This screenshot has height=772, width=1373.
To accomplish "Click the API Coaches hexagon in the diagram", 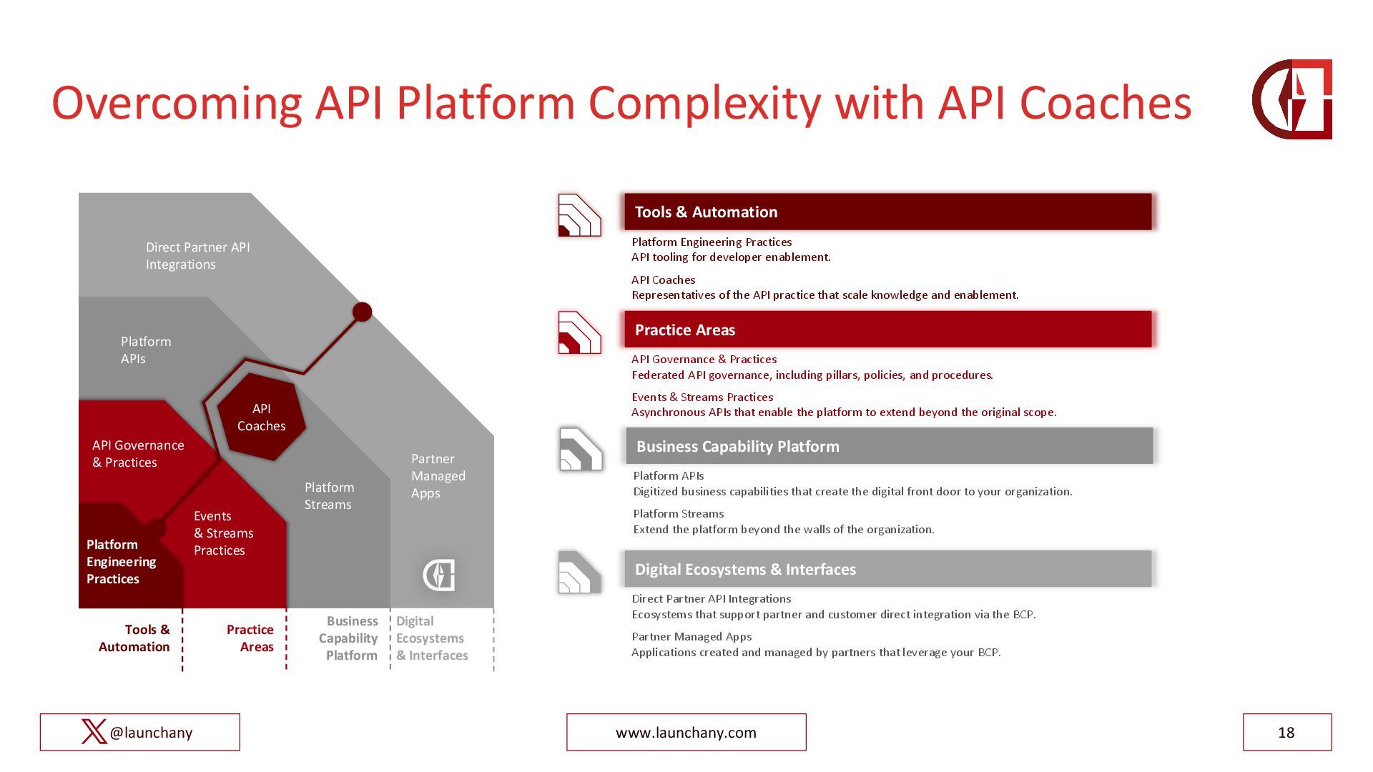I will click(x=261, y=417).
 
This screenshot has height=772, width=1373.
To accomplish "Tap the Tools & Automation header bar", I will click(x=888, y=212).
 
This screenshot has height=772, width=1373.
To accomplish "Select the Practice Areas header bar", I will click(x=888, y=330).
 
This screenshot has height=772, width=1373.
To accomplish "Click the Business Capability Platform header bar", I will click(x=889, y=446).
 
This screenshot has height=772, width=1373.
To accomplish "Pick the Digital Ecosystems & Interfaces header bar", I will click(x=888, y=569).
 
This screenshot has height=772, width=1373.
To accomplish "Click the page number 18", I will click(x=1286, y=732).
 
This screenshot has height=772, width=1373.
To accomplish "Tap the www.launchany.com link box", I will click(x=686, y=732).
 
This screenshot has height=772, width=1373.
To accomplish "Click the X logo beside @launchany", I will click(x=94, y=732).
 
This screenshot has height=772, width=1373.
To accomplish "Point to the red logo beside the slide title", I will click(x=1292, y=99).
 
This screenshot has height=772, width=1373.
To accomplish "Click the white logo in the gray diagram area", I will click(x=439, y=575).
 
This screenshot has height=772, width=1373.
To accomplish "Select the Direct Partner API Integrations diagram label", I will click(x=198, y=256).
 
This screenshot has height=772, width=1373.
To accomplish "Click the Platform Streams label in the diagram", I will click(x=329, y=496).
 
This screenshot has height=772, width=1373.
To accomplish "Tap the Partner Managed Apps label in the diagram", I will click(x=438, y=476).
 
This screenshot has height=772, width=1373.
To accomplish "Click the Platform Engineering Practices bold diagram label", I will click(x=121, y=562).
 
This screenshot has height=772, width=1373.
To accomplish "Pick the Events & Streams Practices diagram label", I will click(x=223, y=533).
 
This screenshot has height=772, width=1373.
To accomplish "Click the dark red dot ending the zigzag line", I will click(x=363, y=312).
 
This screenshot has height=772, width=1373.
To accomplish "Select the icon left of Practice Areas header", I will click(x=579, y=332).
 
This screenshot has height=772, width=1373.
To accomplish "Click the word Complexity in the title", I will click(x=704, y=102).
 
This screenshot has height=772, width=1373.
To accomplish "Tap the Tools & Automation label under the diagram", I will click(x=134, y=638).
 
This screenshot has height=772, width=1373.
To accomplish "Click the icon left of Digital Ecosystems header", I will click(x=579, y=572).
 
